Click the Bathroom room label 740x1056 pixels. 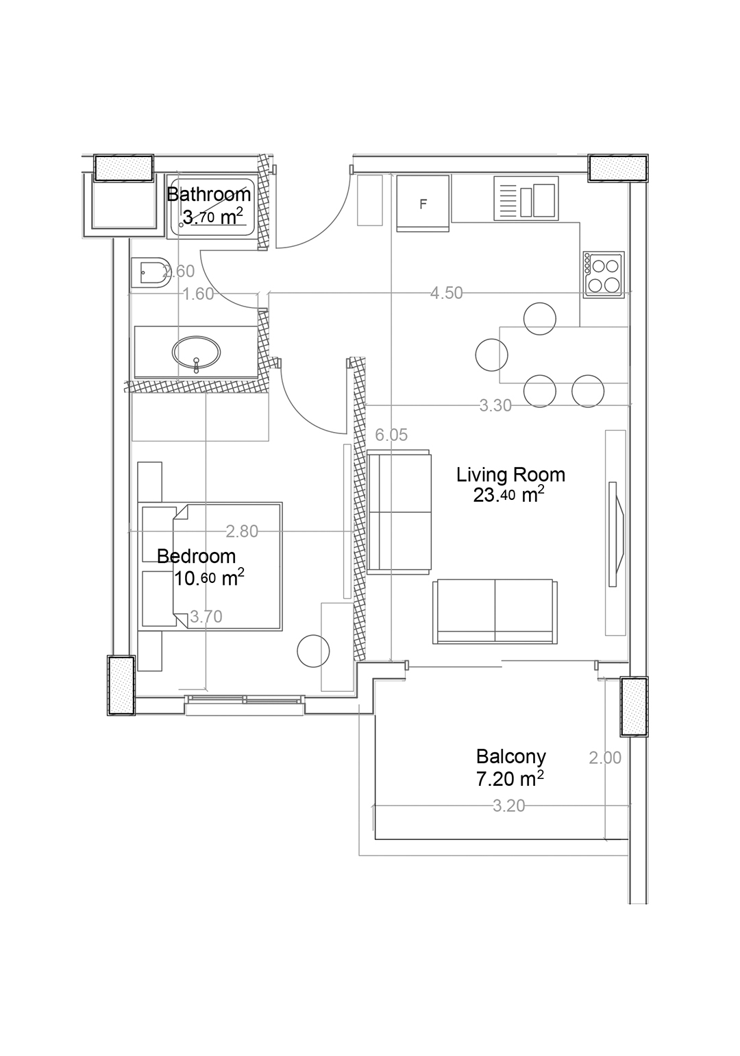pos(209,194)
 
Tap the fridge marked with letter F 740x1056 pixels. pos(423,203)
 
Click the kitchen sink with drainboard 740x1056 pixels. pos(526,198)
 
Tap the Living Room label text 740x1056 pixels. pos(510,475)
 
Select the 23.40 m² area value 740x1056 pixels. pos(509,496)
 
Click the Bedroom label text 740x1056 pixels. pos(196,556)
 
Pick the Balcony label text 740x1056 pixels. pos(510,756)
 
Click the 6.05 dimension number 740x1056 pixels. pos(391,435)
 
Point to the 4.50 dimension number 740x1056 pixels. pos(447,293)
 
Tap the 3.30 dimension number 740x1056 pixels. pos(495,405)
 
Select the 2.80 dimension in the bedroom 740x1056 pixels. pos(242,532)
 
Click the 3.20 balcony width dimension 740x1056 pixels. pos(508,806)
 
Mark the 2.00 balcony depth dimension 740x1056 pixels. pos(605,758)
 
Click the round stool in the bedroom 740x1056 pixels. pos(313,651)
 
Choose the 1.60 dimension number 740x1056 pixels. pos(198,294)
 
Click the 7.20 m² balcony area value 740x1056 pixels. pos(510,778)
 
